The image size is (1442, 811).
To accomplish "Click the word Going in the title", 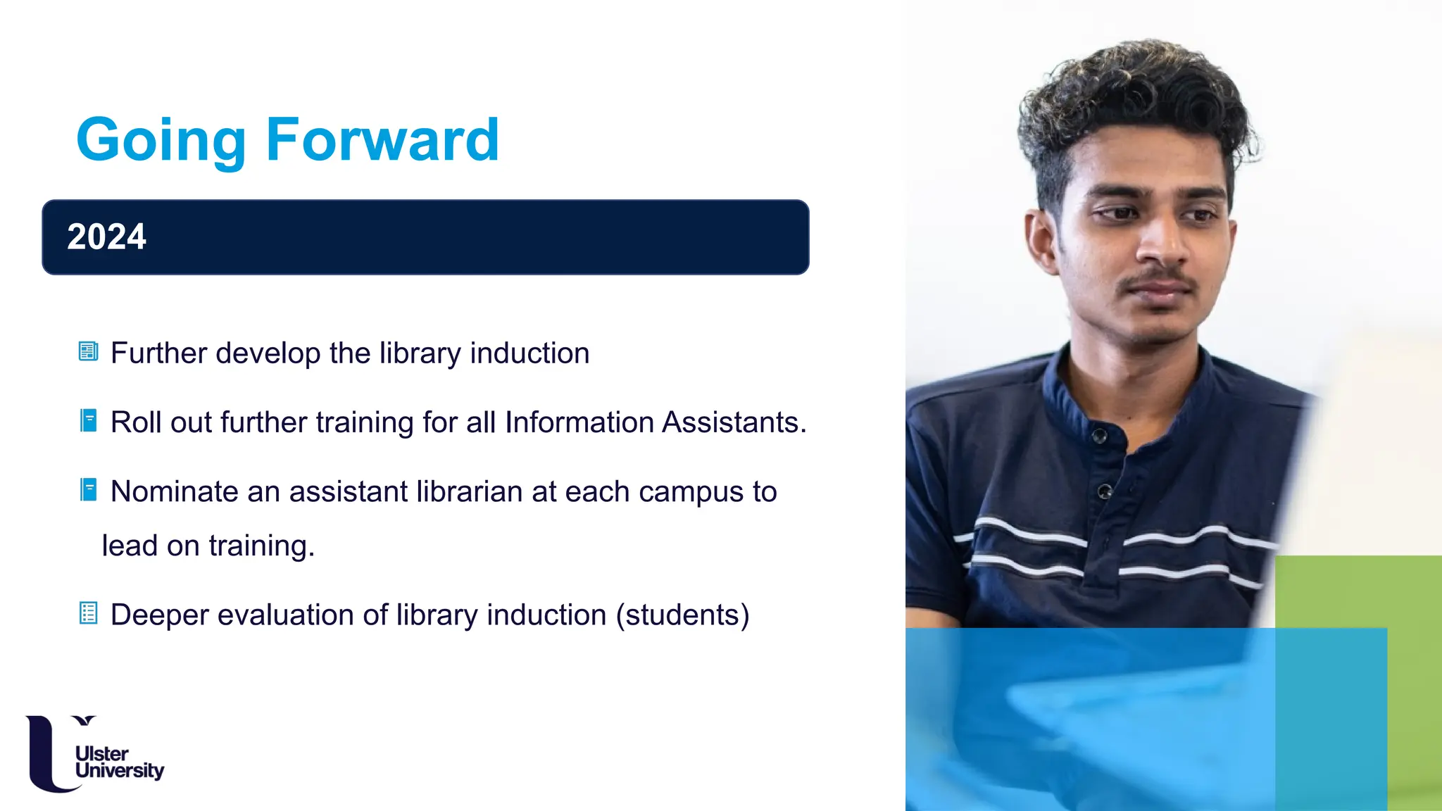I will pyautogui.click(x=161, y=141).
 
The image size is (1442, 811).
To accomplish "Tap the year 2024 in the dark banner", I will pyautogui.click(x=106, y=237).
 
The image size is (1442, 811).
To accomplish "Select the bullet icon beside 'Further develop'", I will pyautogui.click(x=88, y=351).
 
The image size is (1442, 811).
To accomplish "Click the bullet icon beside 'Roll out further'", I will pyautogui.click(x=89, y=420).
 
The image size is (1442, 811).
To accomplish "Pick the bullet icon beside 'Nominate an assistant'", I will pyautogui.click(x=89, y=489).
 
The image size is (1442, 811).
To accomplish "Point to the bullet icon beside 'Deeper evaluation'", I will pyautogui.click(x=88, y=613).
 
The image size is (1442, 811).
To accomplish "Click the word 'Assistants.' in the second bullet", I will pyautogui.click(x=734, y=422).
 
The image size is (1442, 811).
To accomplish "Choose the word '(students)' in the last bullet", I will pyautogui.click(x=682, y=615).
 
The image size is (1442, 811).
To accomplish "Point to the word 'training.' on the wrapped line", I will pyautogui.click(x=261, y=546).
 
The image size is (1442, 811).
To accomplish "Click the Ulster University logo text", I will pyautogui.click(x=118, y=762).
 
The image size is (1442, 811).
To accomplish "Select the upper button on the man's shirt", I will pyautogui.click(x=1100, y=436).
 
